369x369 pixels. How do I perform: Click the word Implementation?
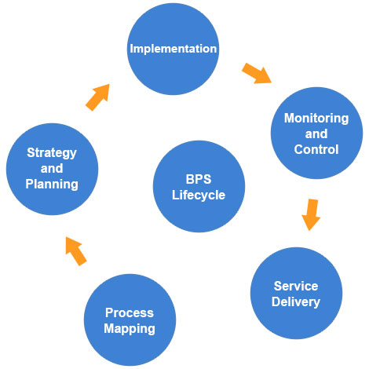[x=173, y=49]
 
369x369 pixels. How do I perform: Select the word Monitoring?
[x=316, y=119]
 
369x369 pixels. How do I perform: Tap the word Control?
[x=316, y=149]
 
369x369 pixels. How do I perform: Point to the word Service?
[x=295, y=286]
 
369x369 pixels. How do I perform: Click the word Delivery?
[x=295, y=301]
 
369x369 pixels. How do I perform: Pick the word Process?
[x=130, y=313]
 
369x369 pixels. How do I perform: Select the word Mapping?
[x=130, y=328]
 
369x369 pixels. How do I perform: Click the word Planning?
[x=52, y=184]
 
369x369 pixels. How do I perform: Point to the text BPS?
[x=198, y=178]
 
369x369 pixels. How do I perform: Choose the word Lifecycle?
[x=198, y=194]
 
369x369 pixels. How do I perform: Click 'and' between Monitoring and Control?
[x=316, y=134]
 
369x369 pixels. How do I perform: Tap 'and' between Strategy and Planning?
[x=52, y=170]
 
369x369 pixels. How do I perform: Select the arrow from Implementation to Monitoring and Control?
[x=256, y=72]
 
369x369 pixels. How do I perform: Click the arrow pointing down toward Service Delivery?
[x=311, y=214]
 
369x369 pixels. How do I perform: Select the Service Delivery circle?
[x=295, y=293]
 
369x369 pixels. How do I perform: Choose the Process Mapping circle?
[x=130, y=320]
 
